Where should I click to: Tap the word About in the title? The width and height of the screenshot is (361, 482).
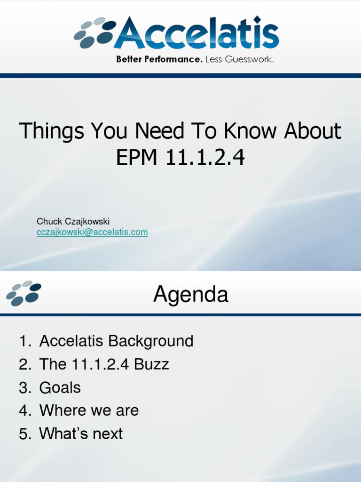[x=313, y=131]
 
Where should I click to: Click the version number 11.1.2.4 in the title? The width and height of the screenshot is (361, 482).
[x=205, y=158]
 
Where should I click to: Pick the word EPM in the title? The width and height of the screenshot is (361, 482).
[x=137, y=158]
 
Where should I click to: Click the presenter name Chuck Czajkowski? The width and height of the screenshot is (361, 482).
[x=73, y=221]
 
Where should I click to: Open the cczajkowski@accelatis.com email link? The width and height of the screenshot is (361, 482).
[x=92, y=232]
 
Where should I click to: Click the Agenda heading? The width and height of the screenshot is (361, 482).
[x=190, y=295]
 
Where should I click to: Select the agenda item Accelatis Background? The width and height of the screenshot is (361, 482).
[x=116, y=341]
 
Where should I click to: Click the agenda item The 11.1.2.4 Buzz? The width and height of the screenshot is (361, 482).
[x=104, y=364]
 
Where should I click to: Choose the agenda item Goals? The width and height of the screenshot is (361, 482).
[x=60, y=387]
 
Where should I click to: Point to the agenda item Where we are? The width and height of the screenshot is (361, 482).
[x=89, y=410]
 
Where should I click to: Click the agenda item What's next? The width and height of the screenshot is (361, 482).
[x=81, y=434]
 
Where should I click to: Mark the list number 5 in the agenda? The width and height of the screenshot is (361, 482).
[x=24, y=434]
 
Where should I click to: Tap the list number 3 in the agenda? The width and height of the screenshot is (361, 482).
[x=24, y=388]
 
